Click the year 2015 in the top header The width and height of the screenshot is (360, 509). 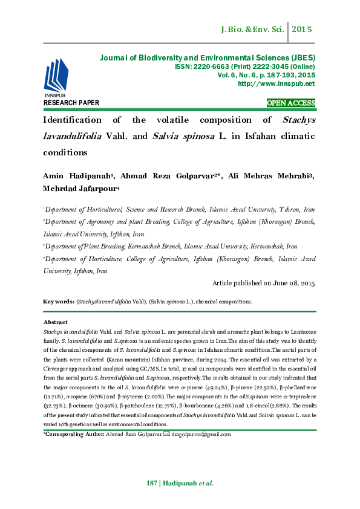(x=302, y=28)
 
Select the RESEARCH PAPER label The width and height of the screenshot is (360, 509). (x=71, y=103)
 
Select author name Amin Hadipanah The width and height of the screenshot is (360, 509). (x=76, y=175)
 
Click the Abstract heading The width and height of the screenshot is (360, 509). (x=56, y=322)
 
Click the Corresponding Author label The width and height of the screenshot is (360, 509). (x=74, y=433)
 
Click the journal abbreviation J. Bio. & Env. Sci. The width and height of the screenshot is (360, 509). (x=252, y=28)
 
